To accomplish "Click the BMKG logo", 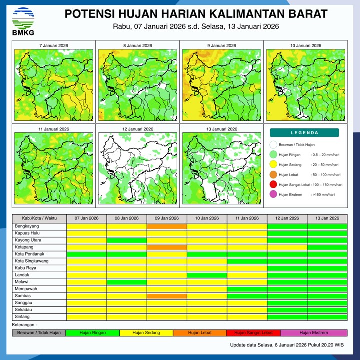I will click(23, 20).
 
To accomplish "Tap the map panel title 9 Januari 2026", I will click(221, 46).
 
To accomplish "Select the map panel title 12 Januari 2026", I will click(138, 129).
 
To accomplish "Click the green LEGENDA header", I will click(304, 133).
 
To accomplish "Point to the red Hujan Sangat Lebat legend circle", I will click(273, 185).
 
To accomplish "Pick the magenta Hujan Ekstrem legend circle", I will click(273, 195).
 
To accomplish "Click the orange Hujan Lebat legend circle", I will click(273, 175).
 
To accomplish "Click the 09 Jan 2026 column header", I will click(167, 218).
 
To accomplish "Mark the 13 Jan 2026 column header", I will click(327, 218).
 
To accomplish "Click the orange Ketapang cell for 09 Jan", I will click(167, 247).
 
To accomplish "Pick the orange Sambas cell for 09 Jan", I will click(167, 296).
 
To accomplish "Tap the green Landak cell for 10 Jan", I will click(207, 275).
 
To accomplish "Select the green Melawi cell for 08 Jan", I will click(127, 282).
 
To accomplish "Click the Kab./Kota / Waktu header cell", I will click(39, 218).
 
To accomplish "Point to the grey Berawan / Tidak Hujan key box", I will click(39, 332).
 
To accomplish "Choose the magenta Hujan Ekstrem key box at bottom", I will click(313, 332).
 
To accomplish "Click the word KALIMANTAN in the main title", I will click(223, 13).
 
